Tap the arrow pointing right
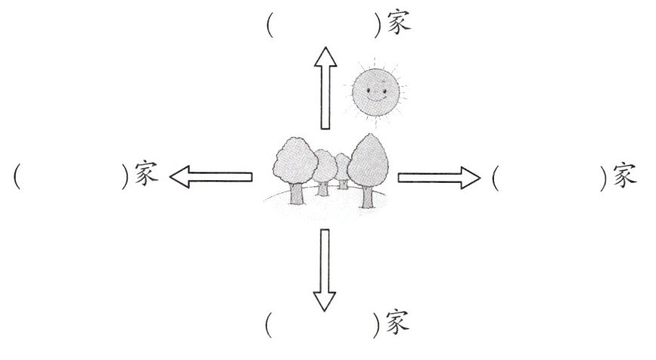(439, 178)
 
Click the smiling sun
(377, 92)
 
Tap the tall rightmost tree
(368, 163)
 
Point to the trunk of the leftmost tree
(297, 193)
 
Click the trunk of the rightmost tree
(368, 194)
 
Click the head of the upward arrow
(326, 56)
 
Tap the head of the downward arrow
(326, 300)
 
